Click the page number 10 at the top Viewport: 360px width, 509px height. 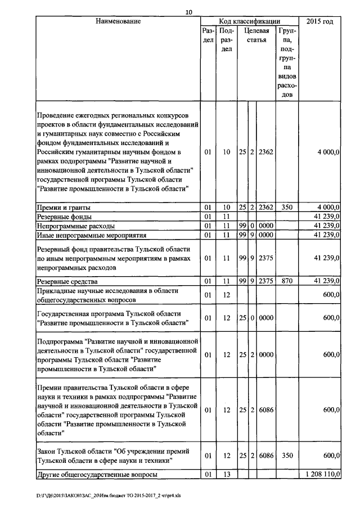[x=188, y=12]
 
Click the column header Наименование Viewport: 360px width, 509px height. [x=118, y=21]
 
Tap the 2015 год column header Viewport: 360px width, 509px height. [x=319, y=21]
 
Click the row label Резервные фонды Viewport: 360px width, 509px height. [x=64, y=217]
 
